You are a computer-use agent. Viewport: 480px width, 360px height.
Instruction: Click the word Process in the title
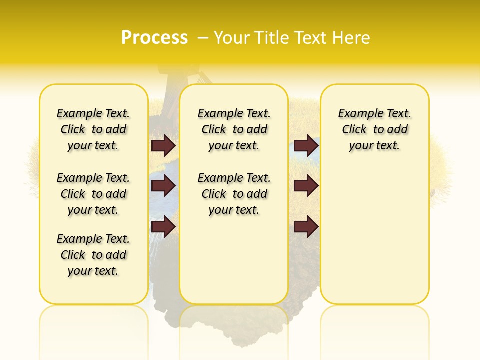[154, 37]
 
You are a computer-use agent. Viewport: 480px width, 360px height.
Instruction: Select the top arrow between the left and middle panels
[163, 145]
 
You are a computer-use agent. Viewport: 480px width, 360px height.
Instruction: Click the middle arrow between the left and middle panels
[163, 186]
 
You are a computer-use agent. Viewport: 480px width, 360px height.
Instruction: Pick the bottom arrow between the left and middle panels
[163, 227]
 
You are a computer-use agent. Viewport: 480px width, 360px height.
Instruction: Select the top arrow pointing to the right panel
[306, 145]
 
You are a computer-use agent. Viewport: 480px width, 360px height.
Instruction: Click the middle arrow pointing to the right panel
[306, 186]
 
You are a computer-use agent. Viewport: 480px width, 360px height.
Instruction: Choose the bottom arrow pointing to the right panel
[306, 227]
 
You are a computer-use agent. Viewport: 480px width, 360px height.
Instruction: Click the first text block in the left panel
[93, 129]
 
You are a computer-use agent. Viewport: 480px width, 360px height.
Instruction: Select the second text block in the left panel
[93, 194]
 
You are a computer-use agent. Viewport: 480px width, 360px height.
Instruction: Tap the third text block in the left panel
[93, 255]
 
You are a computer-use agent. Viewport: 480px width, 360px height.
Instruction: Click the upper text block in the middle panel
[234, 129]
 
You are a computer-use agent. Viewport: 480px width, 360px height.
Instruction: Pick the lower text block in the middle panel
[234, 194]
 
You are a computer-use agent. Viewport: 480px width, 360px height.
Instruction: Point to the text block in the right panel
[374, 129]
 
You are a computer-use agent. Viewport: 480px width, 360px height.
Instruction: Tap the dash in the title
[203, 37]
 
